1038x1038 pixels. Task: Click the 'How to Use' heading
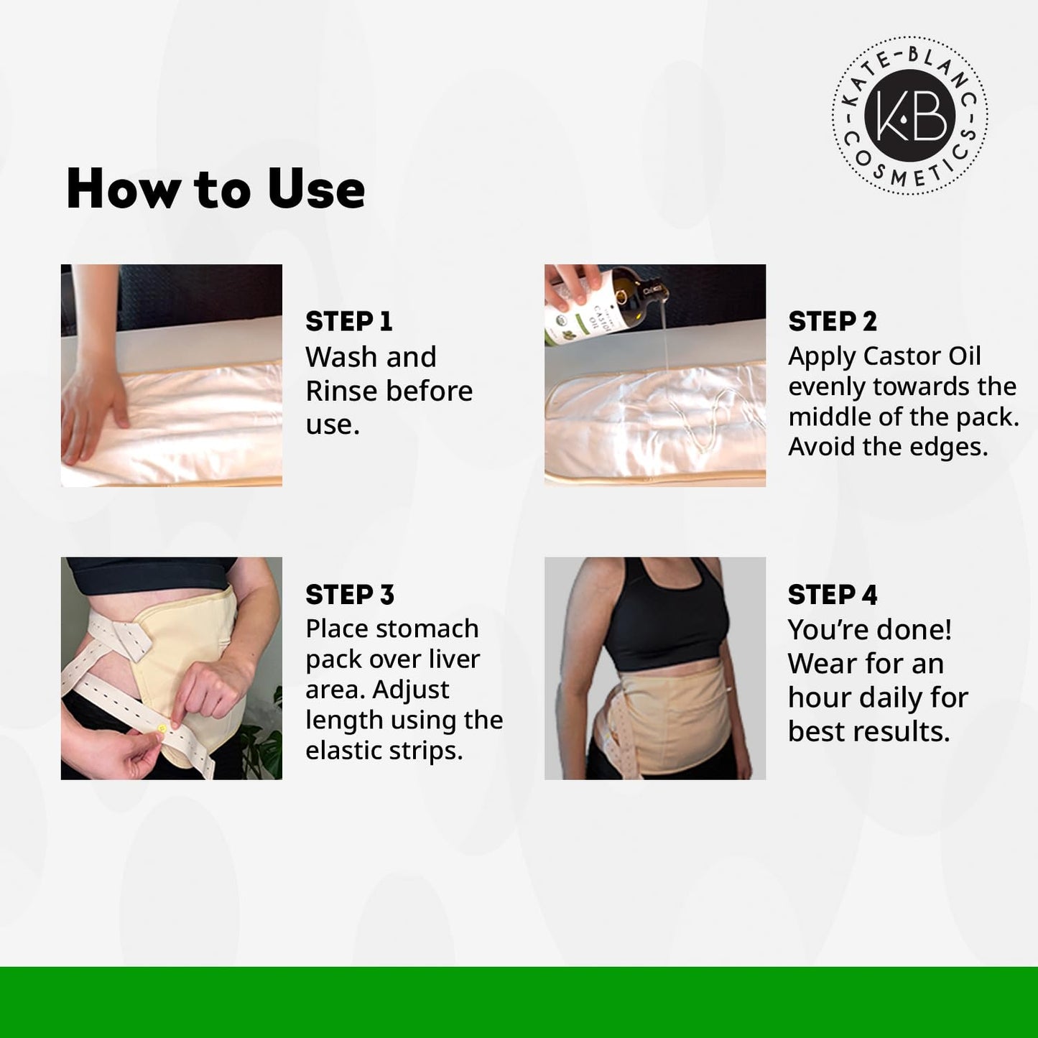coord(216,189)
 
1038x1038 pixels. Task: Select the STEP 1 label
coord(348,321)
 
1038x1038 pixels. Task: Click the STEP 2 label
coord(832,321)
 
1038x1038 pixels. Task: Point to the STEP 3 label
coord(349,595)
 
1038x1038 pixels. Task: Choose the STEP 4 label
coord(832,595)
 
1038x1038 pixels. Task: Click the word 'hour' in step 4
coord(820,697)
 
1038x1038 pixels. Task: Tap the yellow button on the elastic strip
coord(162,728)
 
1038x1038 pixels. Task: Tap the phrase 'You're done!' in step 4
coord(869,629)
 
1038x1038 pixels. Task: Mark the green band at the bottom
coord(519,1002)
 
